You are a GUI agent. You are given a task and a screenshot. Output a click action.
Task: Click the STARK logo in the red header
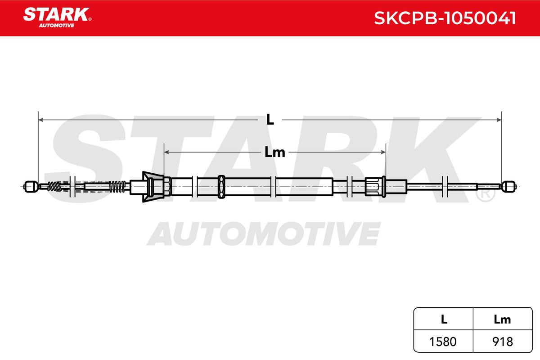(57, 18)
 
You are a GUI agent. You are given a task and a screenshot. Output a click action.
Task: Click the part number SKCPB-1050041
(445, 18)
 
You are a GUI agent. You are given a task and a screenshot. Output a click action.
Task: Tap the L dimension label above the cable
(270, 119)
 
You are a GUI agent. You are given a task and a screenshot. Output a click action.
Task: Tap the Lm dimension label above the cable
(275, 152)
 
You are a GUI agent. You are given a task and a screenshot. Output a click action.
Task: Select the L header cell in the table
(443, 319)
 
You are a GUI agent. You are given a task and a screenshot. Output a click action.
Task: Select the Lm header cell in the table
(503, 319)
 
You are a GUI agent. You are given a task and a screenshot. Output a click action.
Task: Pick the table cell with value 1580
(443, 341)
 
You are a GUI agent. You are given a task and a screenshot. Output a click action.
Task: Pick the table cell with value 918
(503, 341)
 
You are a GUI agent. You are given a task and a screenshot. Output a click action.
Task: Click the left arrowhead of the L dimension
(41, 120)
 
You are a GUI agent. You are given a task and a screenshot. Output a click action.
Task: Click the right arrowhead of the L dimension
(499, 120)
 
